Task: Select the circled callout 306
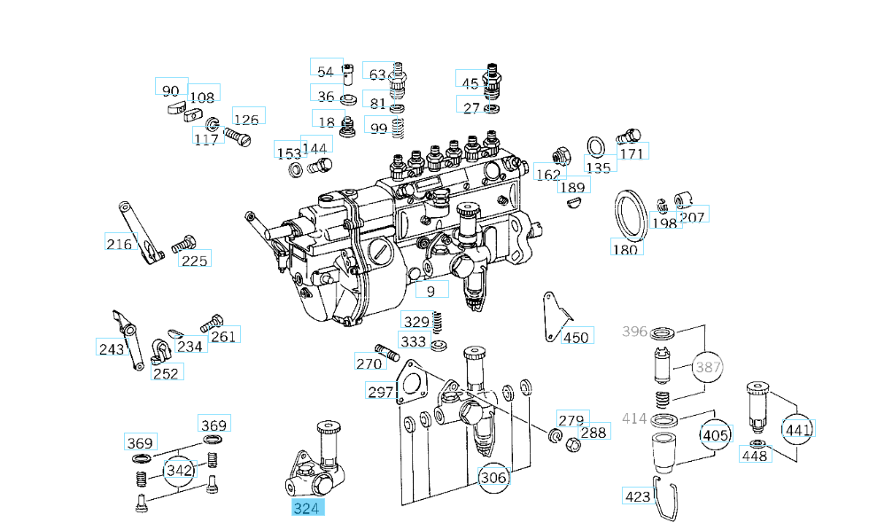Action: click(x=493, y=478)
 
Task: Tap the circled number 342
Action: click(x=180, y=470)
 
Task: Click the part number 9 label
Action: click(x=431, y=290)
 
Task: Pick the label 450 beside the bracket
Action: click(x=576, y=337)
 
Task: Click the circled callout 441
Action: click(x=797, y=430)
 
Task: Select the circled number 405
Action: click(x=716, y=435)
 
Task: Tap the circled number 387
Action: click(x=708, y=366)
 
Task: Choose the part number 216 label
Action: click(x=119, y=244)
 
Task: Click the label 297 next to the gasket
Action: click(x=380, y=392)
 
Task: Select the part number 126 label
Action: click(x=246, y=119)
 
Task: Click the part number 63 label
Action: click(x=377, y=74)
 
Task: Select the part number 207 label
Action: click(x=692, y=216)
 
